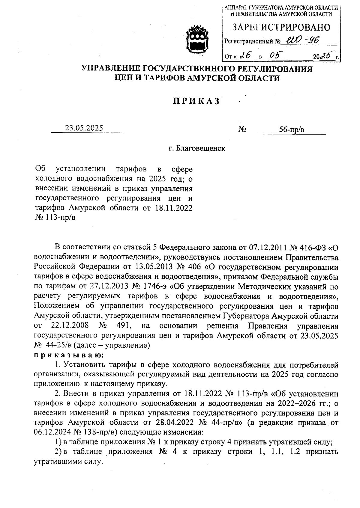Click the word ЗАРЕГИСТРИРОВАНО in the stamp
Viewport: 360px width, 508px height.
281,28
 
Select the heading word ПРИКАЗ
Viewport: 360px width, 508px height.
196,101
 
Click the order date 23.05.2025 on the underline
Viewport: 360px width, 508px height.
84,128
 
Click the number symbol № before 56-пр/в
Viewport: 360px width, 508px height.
242,129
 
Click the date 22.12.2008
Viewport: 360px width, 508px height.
69,326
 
